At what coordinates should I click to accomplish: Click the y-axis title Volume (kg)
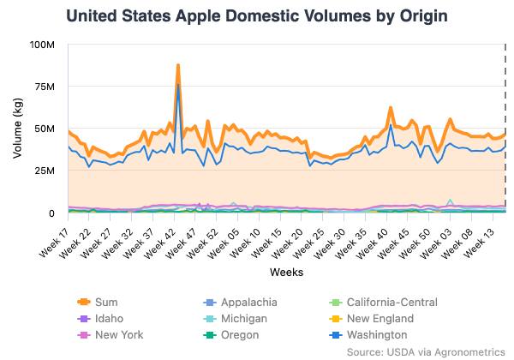(18, 129)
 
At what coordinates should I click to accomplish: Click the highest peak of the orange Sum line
(177, 65)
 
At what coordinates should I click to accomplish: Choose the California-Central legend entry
(384, 302)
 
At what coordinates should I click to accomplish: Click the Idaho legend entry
(100, 318)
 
